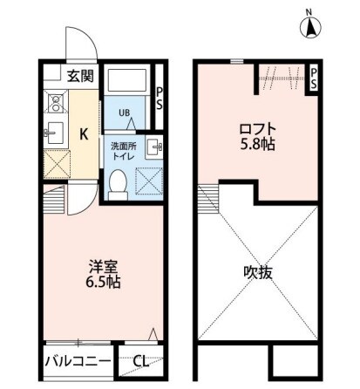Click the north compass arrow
pos(309,29)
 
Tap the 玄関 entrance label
pos(80,76)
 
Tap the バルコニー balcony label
pos(78,359)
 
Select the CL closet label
pos(139,359)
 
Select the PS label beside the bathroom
pos(159,97)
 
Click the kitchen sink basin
pos(53,133)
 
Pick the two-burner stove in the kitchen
pos(53,104)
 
